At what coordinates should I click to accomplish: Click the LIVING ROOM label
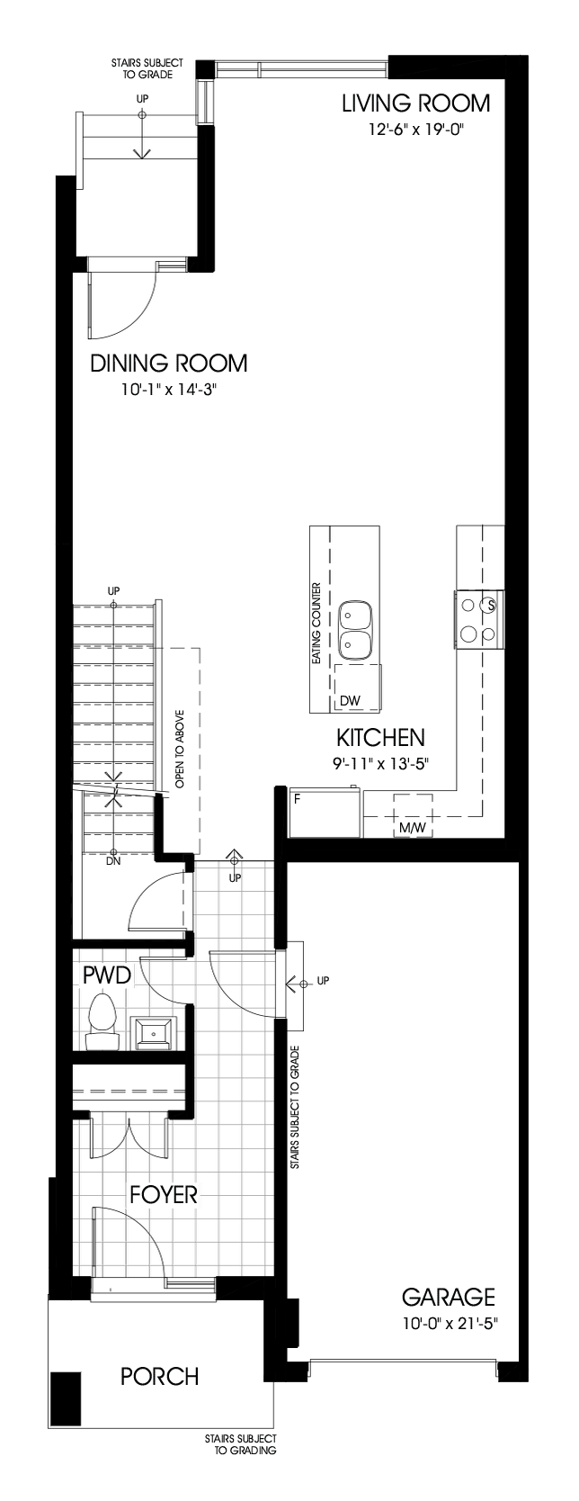click(x=415, y=103)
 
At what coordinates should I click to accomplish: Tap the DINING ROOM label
click(x=168, y=364)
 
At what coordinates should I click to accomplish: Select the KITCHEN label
click(x=379, y=738)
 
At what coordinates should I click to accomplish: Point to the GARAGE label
click(x=448, y=1297)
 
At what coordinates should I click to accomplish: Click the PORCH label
click(x=159, y=1377)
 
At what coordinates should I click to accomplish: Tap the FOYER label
click(x=163, y=1195)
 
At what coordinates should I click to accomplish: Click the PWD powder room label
click(x=107, y=974)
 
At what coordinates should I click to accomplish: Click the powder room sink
click(x=155, y=1032)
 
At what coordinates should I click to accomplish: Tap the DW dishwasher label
click(x=350, y=700)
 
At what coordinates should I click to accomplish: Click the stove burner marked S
click(x=491, y=605)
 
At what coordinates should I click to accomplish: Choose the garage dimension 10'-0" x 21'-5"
click(x=450, y=1323)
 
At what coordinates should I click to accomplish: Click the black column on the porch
click(x=66, y=1396)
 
